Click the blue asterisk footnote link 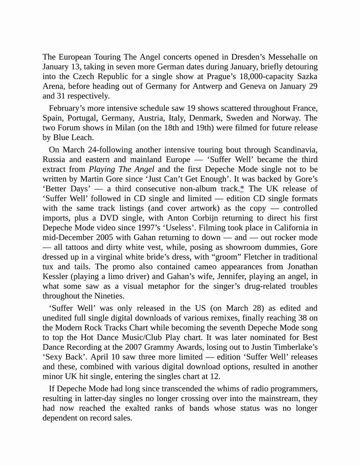(242, 189)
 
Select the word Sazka (306, 77)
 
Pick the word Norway (286, 118)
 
